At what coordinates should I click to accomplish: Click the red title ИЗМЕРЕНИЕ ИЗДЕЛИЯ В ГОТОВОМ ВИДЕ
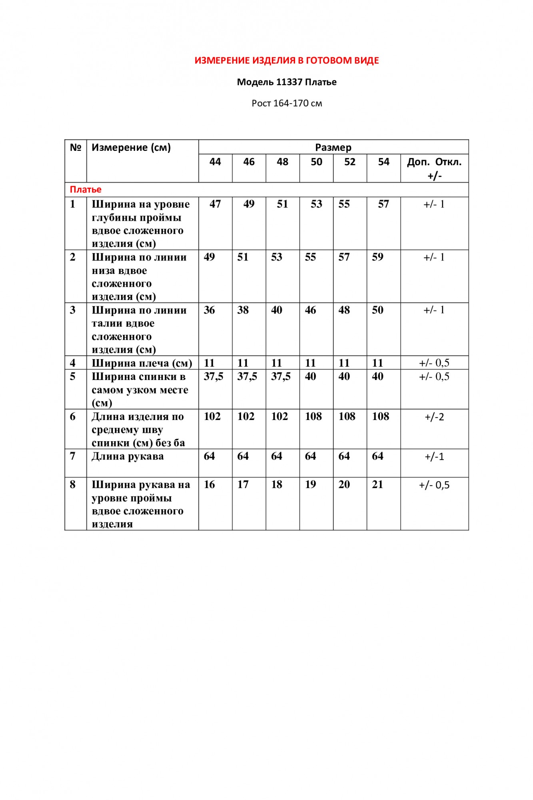[287, 61]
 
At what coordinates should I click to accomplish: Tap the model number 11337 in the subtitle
[289, 82]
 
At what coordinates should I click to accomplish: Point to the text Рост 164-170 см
[287, 104]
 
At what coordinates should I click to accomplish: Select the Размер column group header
[333, 148]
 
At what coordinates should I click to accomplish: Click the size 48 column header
[282, 162]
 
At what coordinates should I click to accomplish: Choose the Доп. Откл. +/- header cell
[434, 168]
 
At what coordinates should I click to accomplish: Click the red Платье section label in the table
[86, 190]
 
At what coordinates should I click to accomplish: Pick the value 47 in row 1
[215, 204]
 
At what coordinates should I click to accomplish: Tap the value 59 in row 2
[377, 257]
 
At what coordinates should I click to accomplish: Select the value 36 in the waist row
[209, 310]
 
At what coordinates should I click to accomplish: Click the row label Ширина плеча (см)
[142, 363]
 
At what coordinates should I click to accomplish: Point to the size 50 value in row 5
[310, 377]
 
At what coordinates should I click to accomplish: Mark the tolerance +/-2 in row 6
[434, 417]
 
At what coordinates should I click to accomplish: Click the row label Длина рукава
[128, 456]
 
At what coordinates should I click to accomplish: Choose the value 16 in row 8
[209, 485]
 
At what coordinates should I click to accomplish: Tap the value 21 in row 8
[377, 485]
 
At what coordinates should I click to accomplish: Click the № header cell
[75, 148]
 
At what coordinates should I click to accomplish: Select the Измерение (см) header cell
[131, 148]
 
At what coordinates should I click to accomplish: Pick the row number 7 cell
[72, 456]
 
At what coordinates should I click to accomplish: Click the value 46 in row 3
[310, 310]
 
